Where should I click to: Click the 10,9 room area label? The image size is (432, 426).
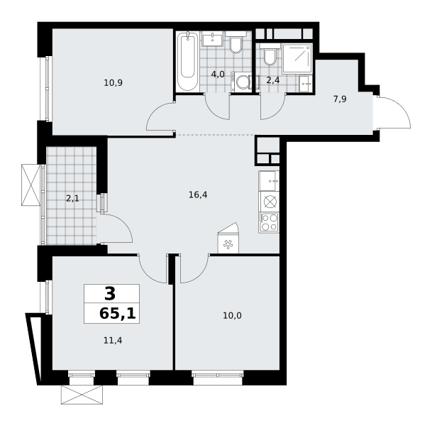coord(113,83)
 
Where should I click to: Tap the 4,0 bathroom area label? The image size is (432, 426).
coord(218,74)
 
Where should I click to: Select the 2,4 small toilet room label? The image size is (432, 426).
coord(273,80)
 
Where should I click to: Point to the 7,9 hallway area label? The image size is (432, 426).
coord(340,99)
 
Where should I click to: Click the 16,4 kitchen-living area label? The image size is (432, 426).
coord(198,195)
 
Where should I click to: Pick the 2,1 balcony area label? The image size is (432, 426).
coord(72,198)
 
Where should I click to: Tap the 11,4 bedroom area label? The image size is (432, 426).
coord(113,341)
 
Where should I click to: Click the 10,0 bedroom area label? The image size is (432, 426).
coord(232,315)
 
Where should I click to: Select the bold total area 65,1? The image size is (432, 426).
coord(118,314)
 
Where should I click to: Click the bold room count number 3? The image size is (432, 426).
coord(110,294)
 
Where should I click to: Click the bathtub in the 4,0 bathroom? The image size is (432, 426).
coord(187,61)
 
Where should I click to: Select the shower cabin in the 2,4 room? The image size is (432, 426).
coord(297,58)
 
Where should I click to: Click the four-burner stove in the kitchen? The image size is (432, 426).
coord(269,222)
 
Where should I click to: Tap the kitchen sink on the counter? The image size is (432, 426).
coord(269,181)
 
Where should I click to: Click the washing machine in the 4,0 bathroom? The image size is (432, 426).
coord(242,82)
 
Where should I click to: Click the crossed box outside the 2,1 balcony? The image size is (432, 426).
coord(31,185)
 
